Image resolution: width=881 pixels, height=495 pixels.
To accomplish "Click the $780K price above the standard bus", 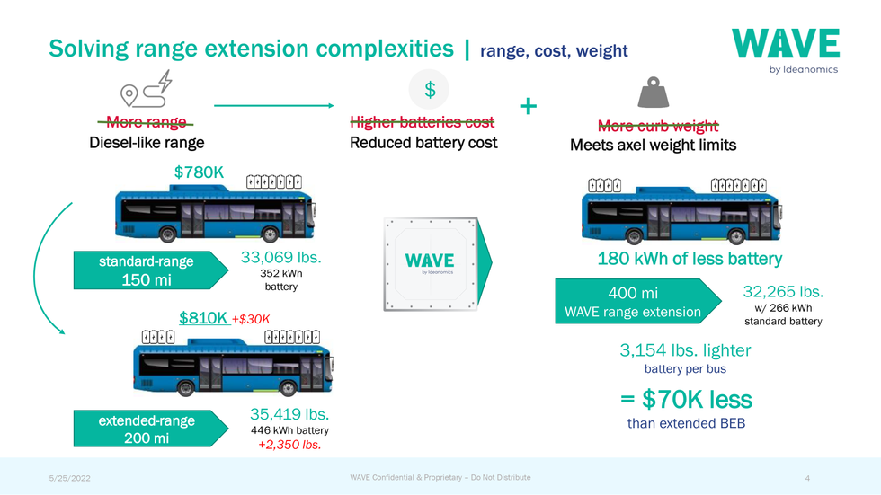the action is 199,172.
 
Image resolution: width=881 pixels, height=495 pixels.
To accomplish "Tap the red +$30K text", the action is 251,319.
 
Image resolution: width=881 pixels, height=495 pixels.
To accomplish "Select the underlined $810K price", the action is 203,318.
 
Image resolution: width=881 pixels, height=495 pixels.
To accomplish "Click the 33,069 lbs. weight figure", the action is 280,257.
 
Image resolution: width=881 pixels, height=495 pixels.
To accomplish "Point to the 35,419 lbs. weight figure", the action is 289,414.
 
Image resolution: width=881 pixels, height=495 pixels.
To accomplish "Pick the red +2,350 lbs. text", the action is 289,445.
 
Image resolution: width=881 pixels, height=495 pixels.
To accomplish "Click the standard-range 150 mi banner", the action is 151,270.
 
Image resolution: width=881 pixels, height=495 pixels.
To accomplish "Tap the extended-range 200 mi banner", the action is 151,429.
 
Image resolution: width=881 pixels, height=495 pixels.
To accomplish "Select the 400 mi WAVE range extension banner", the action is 637,301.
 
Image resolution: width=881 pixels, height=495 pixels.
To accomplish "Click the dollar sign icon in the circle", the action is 430,90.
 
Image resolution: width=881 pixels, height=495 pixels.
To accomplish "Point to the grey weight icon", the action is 653,92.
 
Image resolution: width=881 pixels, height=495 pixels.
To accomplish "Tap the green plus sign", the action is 529,105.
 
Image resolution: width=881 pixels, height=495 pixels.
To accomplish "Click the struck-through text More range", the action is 146,122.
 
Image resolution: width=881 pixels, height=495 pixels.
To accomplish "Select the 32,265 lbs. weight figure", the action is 783,292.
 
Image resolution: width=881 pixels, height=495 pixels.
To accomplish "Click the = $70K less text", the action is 686,400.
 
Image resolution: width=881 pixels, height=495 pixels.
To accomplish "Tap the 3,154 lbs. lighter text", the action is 685,350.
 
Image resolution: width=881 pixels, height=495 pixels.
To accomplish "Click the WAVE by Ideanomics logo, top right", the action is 786,51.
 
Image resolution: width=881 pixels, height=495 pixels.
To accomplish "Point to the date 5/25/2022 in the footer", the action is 70,478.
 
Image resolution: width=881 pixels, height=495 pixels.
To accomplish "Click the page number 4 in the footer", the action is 807,478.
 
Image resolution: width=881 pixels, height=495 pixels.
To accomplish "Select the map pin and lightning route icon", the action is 146,89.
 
